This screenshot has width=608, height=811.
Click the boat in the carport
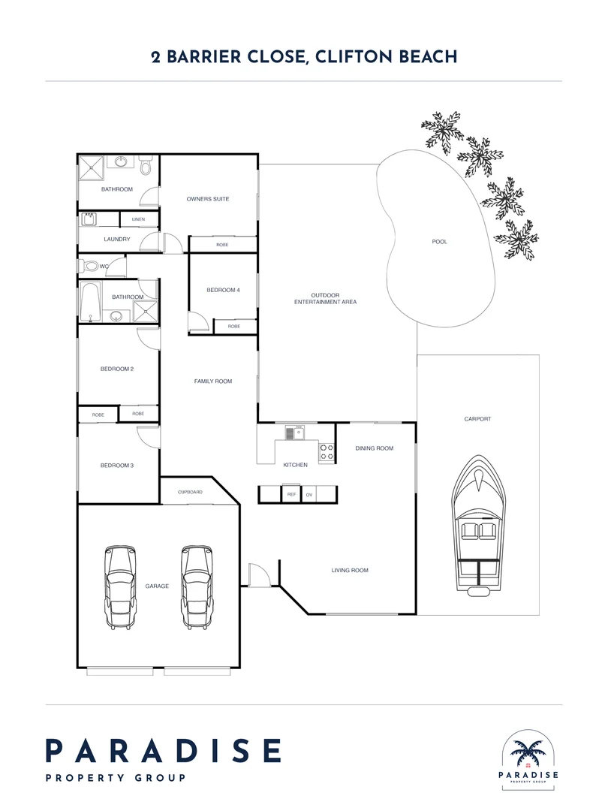tap(479, 526)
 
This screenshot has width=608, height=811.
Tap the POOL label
tap(439, 242)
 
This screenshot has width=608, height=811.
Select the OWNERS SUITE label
tap(208, 198)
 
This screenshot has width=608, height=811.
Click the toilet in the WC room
tap(89, 267)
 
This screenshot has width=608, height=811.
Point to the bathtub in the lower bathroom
tap(91, 302)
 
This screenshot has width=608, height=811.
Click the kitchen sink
tap(295, 433)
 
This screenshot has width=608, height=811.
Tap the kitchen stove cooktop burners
tap(327, 451)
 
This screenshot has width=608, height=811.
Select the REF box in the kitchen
tap(291, 494)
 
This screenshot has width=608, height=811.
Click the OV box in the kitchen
tap(309, 495)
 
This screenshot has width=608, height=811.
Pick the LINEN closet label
tap(139, 219)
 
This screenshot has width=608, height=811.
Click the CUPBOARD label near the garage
tap(190, 492)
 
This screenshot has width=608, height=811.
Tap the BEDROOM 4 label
tap(224, 290)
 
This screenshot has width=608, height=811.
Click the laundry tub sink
tap(89, 219)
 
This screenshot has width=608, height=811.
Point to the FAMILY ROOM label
tap(213, 381)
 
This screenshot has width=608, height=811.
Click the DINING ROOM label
tap(375, 448)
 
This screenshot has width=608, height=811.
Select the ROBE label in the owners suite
tap(222, 245)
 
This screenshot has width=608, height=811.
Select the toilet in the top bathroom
tap(146, 165)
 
